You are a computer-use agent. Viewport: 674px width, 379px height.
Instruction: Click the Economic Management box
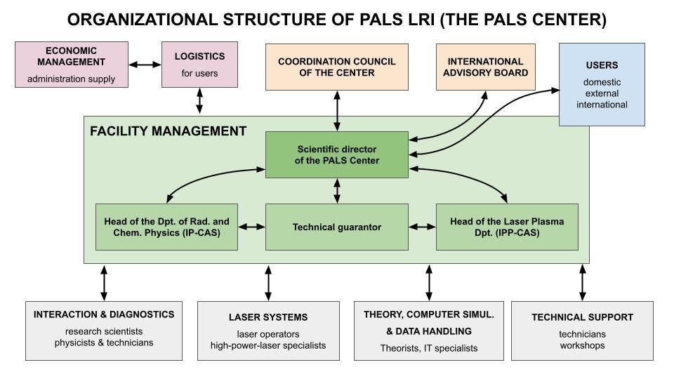pyautogui.click(x=72, y=65)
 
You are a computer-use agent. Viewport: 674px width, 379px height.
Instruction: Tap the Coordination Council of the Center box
pyautogui.click(x=336, y=67)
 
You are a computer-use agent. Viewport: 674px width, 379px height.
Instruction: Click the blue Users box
pyautogui.click(x=602, y=84)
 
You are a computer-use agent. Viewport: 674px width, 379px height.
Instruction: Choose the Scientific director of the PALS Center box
pyautogui.click(x=337, y=154)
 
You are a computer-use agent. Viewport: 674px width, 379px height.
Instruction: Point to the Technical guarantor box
pyautogui.click(x=337, y=227)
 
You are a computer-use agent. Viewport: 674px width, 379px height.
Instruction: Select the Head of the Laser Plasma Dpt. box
pyautogui.click(x=507, y=227)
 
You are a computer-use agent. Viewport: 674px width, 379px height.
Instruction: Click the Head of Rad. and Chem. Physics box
pyautogui.click(x=166, y=227)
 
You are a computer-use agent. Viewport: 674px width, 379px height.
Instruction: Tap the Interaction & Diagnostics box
pyautogui.click(x=104, y=328)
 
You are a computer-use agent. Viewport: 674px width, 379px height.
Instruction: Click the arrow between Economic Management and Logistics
pyautogui.click(x=145, y=65)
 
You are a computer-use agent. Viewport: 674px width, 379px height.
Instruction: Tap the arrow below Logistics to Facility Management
pyautogui.click(x=199, y=102)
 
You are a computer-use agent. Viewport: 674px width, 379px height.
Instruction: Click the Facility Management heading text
pyautogui.click(x=168, y=131)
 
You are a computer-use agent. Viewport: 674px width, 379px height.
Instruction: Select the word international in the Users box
pyautogui.click(x=602, y=105)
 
